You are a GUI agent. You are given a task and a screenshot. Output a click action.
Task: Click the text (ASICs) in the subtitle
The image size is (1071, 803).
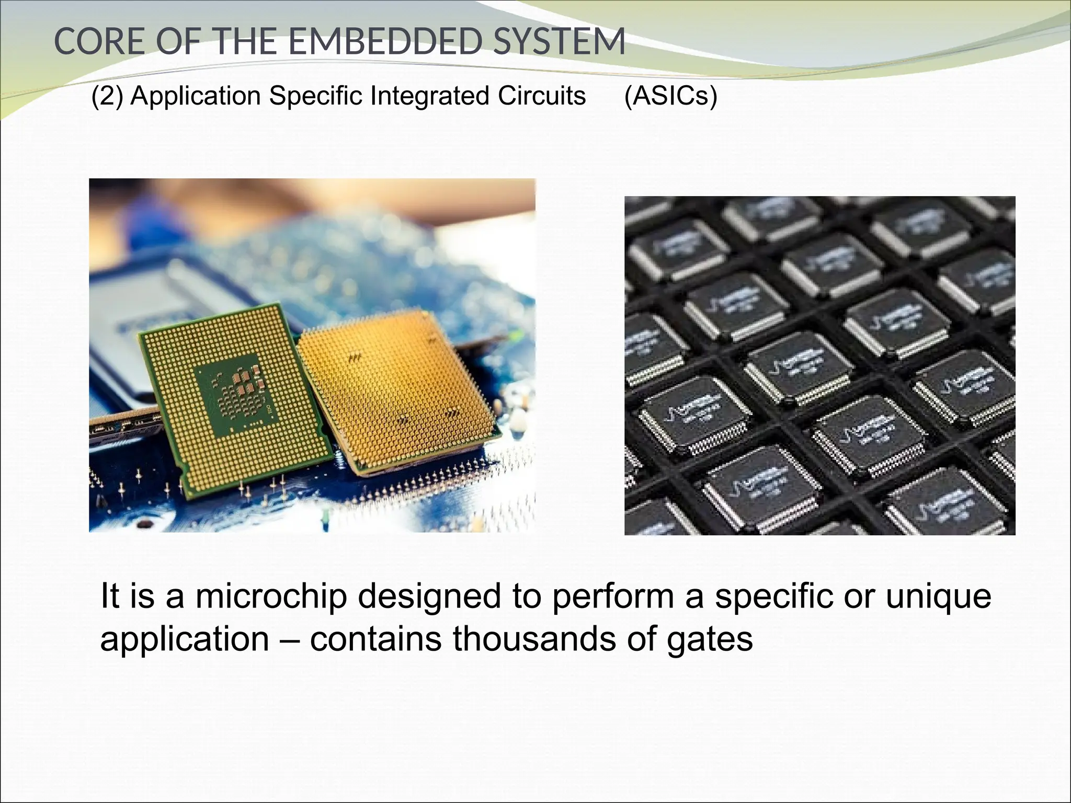click(x=670, y=96)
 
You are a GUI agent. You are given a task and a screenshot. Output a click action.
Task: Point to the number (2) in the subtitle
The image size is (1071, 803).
click(x=107, y=96)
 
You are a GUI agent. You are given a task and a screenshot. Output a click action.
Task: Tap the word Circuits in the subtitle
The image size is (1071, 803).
click(x=542, y=96)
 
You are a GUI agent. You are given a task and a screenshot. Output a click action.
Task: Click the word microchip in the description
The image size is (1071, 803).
click(x=271, y=596)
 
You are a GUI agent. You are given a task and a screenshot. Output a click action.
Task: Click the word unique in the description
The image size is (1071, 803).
click(x=938, y=597)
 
